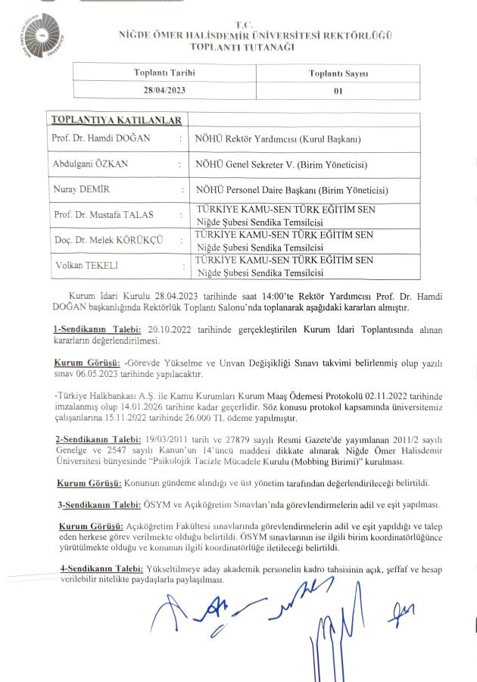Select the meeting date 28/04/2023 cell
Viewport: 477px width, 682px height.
164,89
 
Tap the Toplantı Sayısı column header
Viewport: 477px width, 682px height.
338,73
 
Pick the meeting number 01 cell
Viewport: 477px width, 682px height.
338,89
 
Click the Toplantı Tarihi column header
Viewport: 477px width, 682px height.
164,73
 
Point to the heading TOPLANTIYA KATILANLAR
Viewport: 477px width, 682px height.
116,120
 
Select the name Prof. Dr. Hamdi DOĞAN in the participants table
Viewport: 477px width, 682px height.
102,138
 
